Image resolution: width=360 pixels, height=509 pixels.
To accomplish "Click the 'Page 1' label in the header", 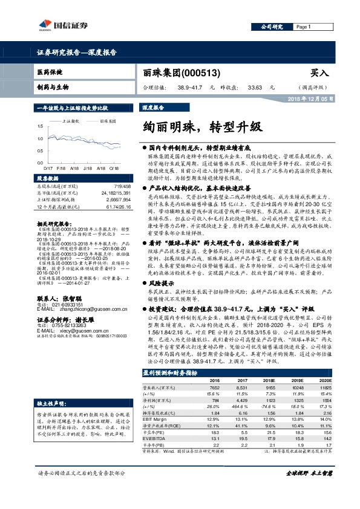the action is [x=303, y=27].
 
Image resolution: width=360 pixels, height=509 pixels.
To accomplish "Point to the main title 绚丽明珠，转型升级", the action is [x=201, y=128].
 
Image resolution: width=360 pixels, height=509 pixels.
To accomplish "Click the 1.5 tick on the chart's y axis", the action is [x=40, y=126].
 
